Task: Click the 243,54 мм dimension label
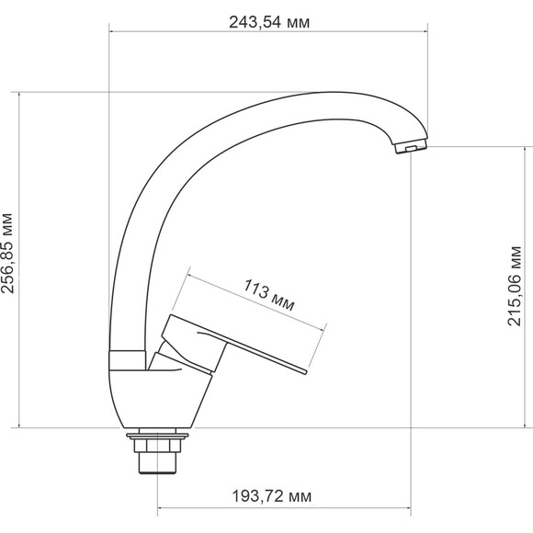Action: click(269, 22)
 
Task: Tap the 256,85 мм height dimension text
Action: click(7, 254)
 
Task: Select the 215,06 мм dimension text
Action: click(514, 286)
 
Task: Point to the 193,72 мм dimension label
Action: click(271, 496)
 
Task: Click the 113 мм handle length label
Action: click(269, 295)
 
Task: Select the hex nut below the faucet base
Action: click(157, 446)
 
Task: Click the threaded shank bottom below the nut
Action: click(158, 462)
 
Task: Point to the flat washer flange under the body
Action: click(157, 436)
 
